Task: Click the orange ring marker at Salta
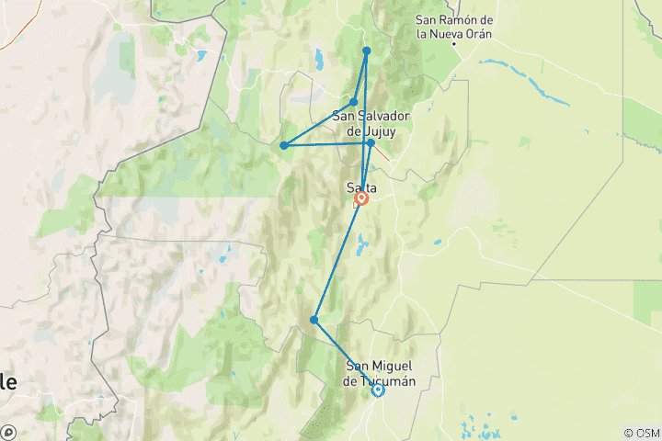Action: point(361,198)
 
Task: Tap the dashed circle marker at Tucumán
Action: point(377,390)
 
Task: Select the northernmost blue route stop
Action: point(366,51)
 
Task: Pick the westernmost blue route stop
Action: point(284,145)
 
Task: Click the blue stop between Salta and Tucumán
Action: point(314,320)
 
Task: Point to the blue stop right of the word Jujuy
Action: point(371,142)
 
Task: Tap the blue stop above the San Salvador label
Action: point(354,102)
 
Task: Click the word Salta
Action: point(361,187)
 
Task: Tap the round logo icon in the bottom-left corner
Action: point(8,432)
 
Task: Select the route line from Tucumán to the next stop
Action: point(346,355)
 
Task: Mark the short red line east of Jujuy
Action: point(382,153)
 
